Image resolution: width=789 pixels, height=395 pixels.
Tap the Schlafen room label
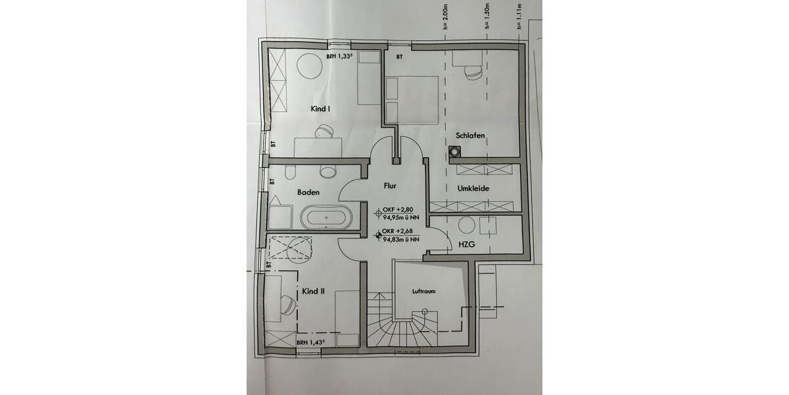tap(470, 136)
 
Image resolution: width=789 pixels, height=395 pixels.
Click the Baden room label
tap(308, 192)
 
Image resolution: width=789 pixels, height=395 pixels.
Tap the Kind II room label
tap(314, 291)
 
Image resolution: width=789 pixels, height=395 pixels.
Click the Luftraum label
tap(424, 290)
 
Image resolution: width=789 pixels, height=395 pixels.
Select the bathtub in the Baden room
tap(326, 217)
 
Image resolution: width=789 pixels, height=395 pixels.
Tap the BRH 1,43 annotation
tap(312, 343)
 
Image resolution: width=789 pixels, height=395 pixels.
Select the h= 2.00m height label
tap(445, 18)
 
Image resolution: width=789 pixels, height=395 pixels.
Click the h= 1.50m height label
tap(488, 18)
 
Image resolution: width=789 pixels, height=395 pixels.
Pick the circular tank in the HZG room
tap(466, 225)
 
